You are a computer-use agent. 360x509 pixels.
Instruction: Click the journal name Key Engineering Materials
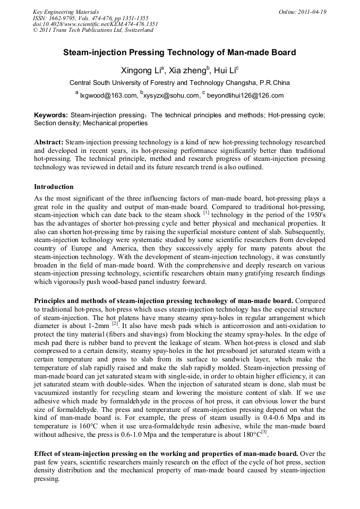pyautogui.click(x=66, y=11)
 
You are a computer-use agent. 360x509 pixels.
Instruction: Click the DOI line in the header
pyautogui.click(x=96, y=24)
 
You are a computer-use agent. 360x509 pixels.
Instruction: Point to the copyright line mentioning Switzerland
pyautogui.click(x=93, y=30)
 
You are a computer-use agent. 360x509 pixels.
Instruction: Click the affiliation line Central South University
pyautogui.click(x=179, y=83)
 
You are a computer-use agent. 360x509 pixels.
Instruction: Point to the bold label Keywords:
pyautogui.click(x=51, y=115)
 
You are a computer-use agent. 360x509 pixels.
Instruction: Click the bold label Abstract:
pyautogui.click(x=49, y=143)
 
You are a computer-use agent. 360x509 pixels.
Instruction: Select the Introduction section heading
pyautogui.click(x=54, y=187)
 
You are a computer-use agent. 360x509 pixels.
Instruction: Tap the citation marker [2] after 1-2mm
pyautogui.click(x=114, y=322)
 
